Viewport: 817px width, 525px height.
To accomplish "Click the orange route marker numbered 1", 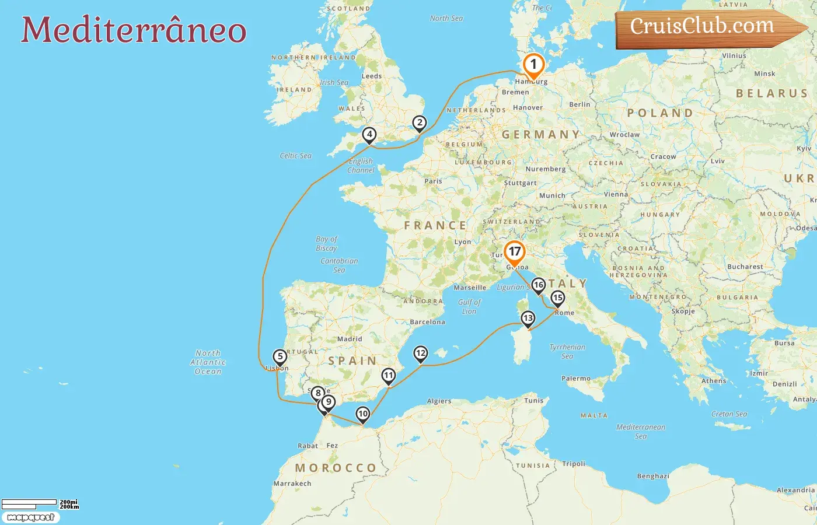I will point(533,65).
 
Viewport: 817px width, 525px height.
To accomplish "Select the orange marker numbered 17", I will point(514,252).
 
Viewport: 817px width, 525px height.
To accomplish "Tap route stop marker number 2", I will point(419,123).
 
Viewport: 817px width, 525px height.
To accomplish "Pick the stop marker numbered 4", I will point(369,135).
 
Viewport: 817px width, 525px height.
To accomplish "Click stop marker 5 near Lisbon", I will point(280,357).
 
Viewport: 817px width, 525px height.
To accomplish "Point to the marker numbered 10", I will point(363,414).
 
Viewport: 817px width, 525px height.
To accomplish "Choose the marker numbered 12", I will point(420,353).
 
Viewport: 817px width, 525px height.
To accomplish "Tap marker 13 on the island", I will point(528,318).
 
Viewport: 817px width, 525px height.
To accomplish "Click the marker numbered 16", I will point(538,285).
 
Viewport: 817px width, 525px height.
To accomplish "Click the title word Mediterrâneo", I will point(134,30).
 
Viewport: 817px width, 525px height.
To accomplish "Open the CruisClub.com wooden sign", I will point(703,27).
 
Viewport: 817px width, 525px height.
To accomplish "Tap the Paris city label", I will point(433,181).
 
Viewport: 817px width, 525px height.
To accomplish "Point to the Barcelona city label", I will point(427,322).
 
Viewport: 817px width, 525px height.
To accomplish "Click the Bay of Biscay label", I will point(326,243).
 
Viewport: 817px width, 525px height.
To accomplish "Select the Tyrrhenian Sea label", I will point(567,351).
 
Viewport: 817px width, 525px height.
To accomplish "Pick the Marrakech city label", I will point(292,484).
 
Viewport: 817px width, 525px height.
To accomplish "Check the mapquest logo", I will point(30,517).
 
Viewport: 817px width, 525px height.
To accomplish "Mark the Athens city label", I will point(714,381).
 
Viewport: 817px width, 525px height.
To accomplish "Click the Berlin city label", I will point(579,104).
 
